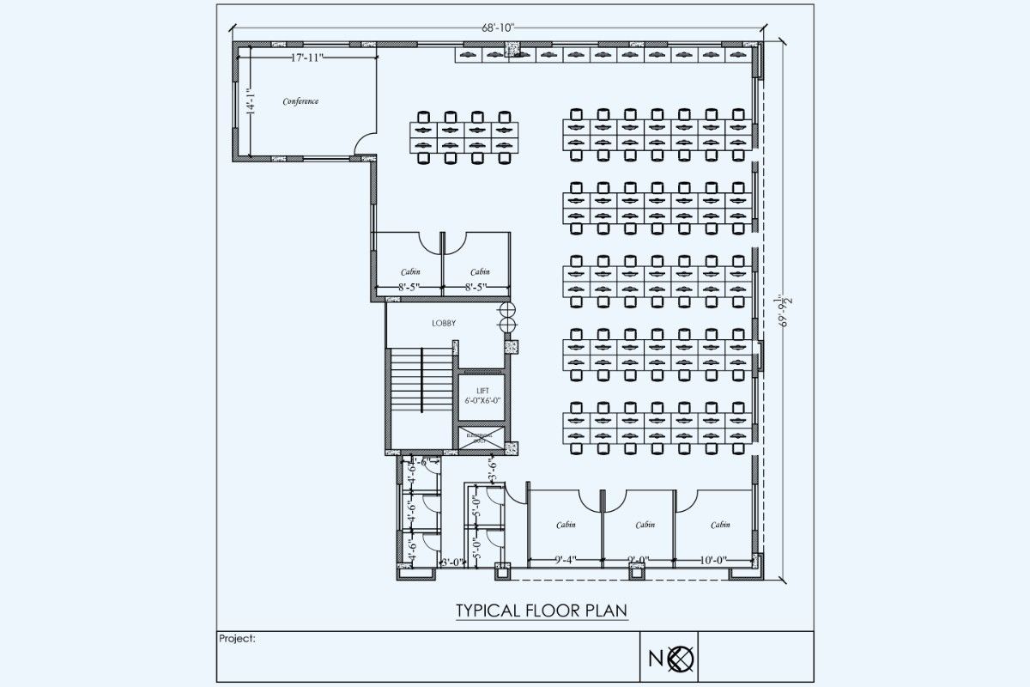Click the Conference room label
(x=300, y=101)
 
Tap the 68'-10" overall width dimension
(x=498, y=28)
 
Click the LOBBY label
(x=444, y=323)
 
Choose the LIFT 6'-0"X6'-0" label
(x=482, y=395)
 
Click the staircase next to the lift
(x=421, y=380)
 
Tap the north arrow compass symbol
(x=682, y=659)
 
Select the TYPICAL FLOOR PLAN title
(x=541, y=611)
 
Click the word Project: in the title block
(x=238, y=639)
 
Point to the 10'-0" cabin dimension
(x=712, y=560)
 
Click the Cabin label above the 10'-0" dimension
(x=720, y=525)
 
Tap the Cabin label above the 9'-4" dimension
(x=565, y=525)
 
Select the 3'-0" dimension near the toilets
(x=451, y=562)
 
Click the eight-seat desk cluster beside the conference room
(x=464, y=137)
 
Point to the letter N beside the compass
(x=655, y=659)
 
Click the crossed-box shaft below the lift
(x=482, y=437)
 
